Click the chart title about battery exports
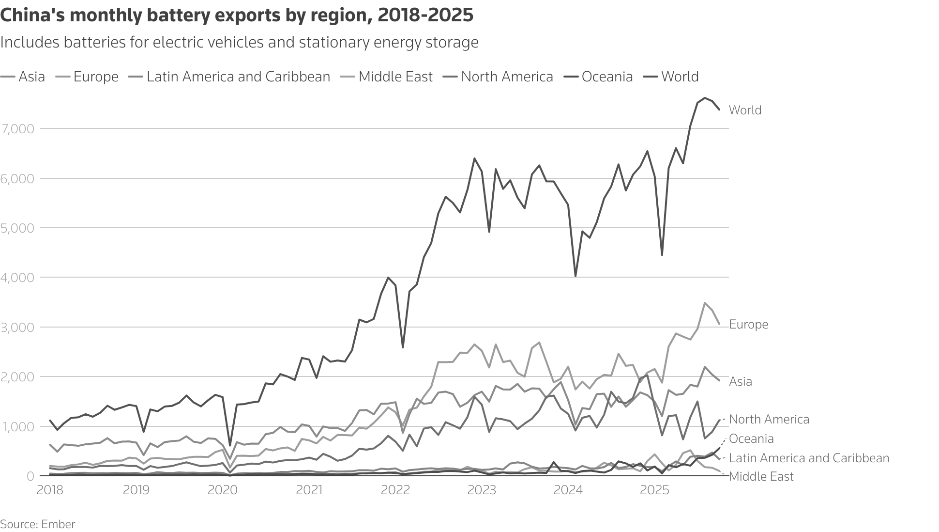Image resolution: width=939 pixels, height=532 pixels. tap(237, 16)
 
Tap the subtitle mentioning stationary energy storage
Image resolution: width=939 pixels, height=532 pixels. tap(239, 43)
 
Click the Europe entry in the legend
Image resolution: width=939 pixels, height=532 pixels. tap(95, 77)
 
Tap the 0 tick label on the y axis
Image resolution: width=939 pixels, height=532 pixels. tap(30, 476)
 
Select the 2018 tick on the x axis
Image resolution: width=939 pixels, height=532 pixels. tap(50, 490)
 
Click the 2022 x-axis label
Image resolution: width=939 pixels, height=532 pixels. tap(395, 490)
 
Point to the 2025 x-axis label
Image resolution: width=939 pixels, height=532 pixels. tap(654, 490)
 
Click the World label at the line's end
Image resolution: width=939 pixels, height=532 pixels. tap(745, 110)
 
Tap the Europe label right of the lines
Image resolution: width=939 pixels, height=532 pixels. tap(748, 325)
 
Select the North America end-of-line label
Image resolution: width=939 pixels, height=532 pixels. tap(769, 420)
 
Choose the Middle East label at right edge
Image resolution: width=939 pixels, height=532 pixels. tap(761, 477)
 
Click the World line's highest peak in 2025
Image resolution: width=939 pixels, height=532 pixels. tap(705, 98)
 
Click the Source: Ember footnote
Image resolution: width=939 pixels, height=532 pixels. tap(37, 524)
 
